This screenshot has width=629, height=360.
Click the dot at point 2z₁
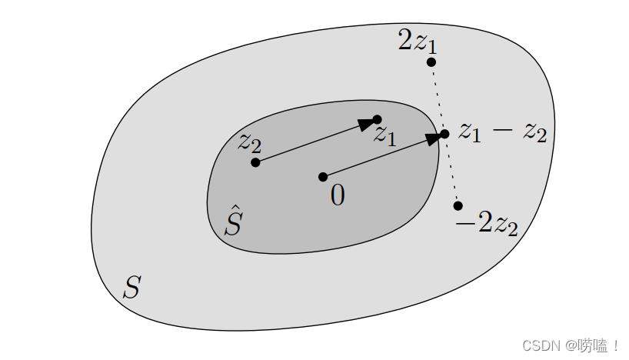[431, 62]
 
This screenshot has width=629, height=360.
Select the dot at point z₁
[377, 119]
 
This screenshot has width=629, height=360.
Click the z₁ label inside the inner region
[384, 135]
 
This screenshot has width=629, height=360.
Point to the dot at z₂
[255, 162]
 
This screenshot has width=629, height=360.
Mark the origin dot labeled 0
[323, 177]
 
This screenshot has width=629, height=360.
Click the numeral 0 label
[337, 196]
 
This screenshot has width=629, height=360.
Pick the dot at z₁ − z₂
[444, 134]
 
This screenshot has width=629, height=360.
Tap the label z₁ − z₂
[502, 132]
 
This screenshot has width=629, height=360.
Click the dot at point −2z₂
[458, 205]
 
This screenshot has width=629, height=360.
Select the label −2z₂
[487, 226]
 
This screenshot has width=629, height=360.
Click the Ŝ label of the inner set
[234, 221]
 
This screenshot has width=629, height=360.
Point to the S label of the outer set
[131, 288]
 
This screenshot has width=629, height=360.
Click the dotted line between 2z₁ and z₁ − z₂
[438, 98]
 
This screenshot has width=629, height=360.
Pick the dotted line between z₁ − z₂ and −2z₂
[451, 170]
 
